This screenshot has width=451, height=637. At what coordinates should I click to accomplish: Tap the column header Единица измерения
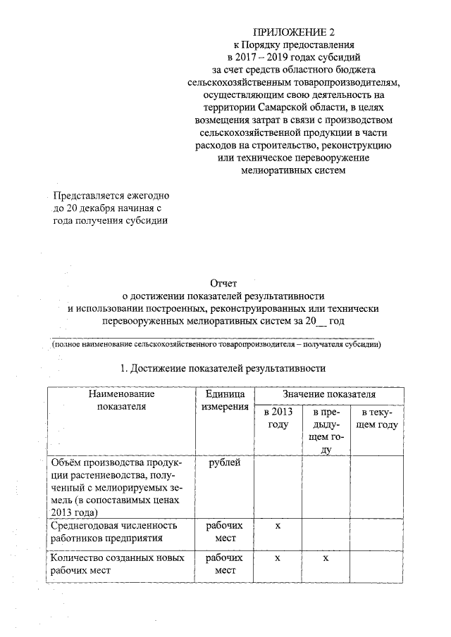point(225,400)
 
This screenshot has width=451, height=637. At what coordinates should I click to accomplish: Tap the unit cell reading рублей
point(225,462)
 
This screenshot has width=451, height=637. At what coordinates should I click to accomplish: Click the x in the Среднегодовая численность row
point(278,526)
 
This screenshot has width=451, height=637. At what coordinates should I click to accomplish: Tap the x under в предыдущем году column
point(326,558)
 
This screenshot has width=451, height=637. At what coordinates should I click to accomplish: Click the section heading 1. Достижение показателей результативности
point(223,367)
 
